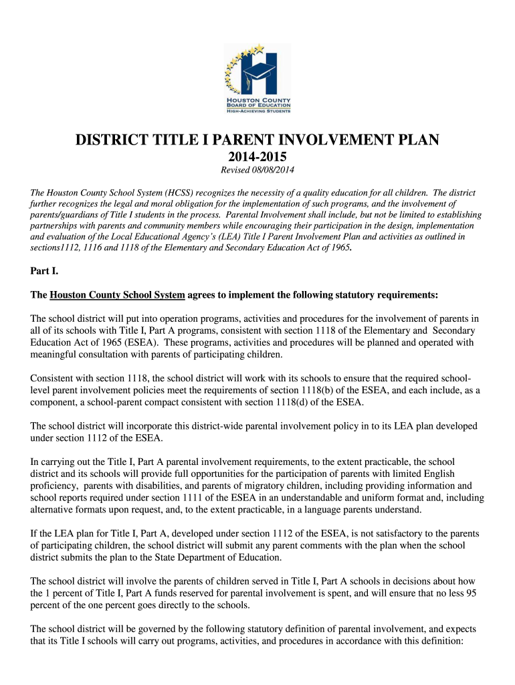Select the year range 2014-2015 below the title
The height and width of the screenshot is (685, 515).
(257, 158)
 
